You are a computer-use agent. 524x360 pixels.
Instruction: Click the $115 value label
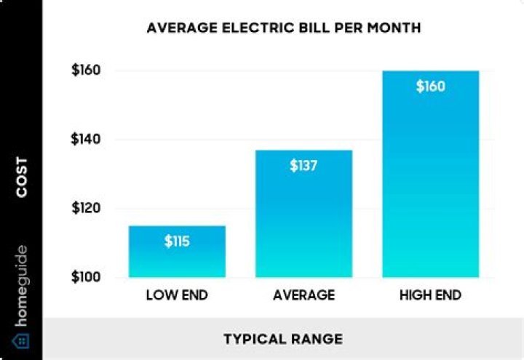pyautogui.click(x=177, y=241)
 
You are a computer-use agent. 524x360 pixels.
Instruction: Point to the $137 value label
pyautogui.click(x=303, y=165)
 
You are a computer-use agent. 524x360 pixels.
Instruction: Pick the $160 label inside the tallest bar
pyautogui.click(x=430, y=87)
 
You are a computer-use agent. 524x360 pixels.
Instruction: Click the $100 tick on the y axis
pyautogui.click(x=85, y=278)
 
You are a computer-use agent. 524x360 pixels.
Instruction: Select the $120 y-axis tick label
pyautogui.click(x=85, y=209)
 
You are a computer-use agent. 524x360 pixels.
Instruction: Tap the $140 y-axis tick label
pyautogui.click(x=85, y=140)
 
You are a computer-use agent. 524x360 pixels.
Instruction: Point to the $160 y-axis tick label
pyautogui.click(x=85, y=71)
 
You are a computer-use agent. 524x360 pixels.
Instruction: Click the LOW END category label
pyautogui.click(x=177, y=296)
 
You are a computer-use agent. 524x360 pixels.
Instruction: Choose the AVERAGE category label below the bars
pyautogui.click(x=303, y=296)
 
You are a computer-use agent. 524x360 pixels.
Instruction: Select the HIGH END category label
pyautogui.click(x=430, y=296)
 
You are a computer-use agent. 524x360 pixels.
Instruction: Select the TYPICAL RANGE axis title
pyautogui.click(x=282, y=339)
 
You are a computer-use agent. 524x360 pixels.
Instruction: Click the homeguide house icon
pyautogui.click(x=21, y=340)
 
